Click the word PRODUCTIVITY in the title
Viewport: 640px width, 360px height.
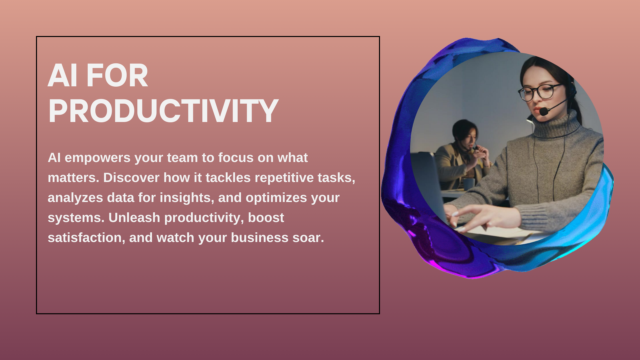(x=163, y=111)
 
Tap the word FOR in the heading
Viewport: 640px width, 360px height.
(x=117, y=76)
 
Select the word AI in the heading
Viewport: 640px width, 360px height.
(x=63, y=76)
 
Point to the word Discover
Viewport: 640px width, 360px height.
(x=131, y=178)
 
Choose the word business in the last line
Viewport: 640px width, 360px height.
(x=260, y=238)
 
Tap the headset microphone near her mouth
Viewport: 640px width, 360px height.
(x=544, y=111)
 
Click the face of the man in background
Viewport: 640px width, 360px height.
(x=470, y=137)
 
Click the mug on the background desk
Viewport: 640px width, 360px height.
(x=469, y=184)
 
